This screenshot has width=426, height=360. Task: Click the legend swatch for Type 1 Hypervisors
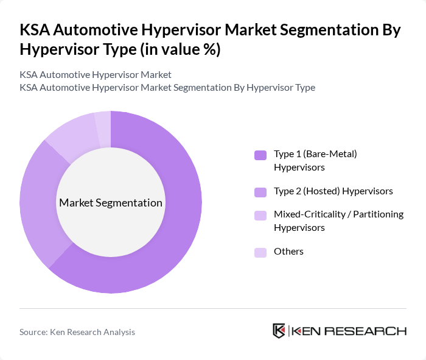[260, 155]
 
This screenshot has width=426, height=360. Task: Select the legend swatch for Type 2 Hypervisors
[260, 192]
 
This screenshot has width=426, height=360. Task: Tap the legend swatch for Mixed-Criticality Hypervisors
[260, 216]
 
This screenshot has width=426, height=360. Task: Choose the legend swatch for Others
[260, 252]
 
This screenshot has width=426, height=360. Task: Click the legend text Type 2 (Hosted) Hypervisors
[333, 191]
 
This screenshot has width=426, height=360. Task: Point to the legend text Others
[288, 252]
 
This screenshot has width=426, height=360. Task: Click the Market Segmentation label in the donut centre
[111, 203]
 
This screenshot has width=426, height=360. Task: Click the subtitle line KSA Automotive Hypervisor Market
[96, 75]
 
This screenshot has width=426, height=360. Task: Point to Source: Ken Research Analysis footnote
[77, 332]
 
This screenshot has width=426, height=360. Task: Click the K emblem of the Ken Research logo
[279, 331]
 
